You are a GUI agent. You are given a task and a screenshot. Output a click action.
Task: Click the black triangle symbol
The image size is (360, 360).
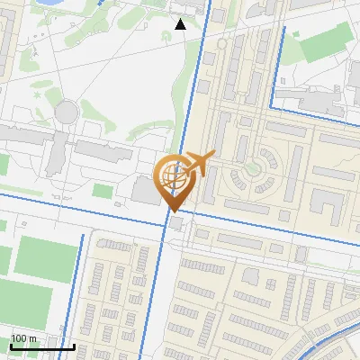(x=181, y=24)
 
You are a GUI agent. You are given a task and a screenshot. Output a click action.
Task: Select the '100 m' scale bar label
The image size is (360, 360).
(x=22, y=338)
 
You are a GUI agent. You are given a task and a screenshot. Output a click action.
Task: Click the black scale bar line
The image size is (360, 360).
(x=42, y=346)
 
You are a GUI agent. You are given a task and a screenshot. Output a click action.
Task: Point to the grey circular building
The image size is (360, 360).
(x=67, y=111)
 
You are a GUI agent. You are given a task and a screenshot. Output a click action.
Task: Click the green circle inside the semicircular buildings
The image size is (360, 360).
(x=253, y=167)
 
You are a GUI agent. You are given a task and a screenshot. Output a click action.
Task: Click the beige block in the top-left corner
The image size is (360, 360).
(x=7, y=27)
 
